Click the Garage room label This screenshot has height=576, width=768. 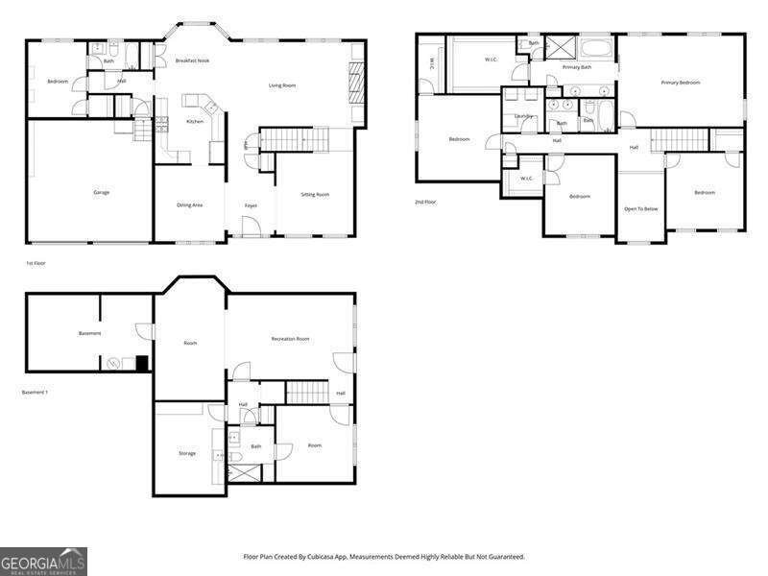point(101,192)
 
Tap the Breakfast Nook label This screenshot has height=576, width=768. point(192,60)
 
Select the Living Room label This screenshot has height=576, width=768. point(281,85)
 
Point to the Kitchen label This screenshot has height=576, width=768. point(194,122)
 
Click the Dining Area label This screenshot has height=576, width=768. point(189,204)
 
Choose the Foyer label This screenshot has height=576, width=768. point(251,204)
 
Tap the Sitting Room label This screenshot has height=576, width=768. point(315,194)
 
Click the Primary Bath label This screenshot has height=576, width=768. point(577,67)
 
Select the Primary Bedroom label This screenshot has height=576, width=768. point(680,83)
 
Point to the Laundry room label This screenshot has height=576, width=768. point(523,116)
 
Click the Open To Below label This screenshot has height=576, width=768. point(640,208)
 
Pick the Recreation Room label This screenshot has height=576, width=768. point(290,339)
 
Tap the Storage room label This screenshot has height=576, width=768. point(187,453)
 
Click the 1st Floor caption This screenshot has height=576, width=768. point(36,262)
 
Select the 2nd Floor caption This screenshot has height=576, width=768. point(425,202)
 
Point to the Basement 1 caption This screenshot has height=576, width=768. point(35,392)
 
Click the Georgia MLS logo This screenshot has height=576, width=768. point(43,561)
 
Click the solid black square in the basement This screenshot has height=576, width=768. point(142,364)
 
